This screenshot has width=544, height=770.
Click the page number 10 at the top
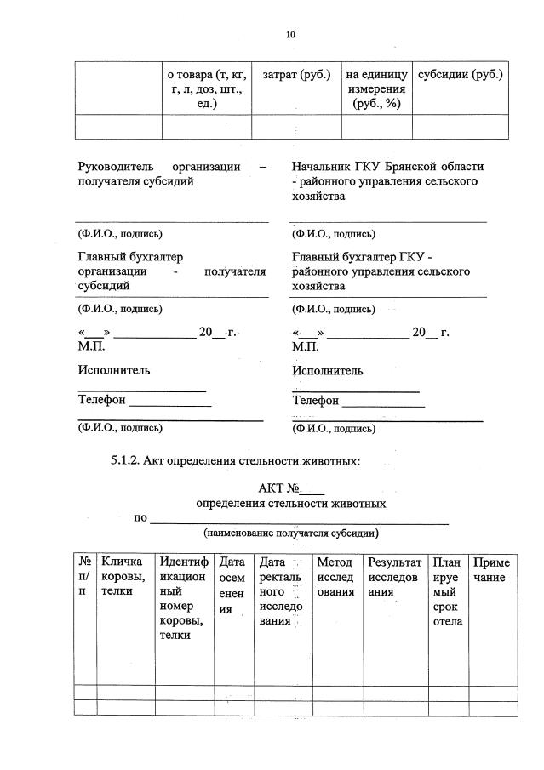tap(290, 35)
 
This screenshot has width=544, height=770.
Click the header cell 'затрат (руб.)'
tap(296, 75)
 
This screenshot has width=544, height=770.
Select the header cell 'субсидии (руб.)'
tap(461, 75)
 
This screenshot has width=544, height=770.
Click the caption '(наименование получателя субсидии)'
tap(290, 533)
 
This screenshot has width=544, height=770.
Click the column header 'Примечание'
tap(491, 570)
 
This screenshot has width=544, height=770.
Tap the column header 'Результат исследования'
tap(394, 577)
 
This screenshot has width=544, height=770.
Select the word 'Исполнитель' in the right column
tap(328, 370)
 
